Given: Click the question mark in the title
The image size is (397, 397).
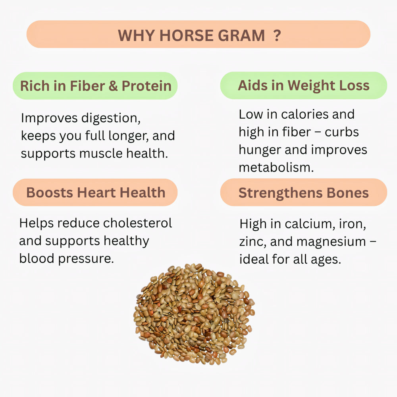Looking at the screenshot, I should [277, 35].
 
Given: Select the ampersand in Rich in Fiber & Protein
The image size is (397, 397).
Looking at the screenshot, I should [113, 86].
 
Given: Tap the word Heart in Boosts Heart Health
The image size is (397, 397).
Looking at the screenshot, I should [97, 193].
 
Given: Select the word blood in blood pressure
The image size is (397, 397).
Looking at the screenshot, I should [37, 258].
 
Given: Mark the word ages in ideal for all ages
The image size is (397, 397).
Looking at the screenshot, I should [327, 260].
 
